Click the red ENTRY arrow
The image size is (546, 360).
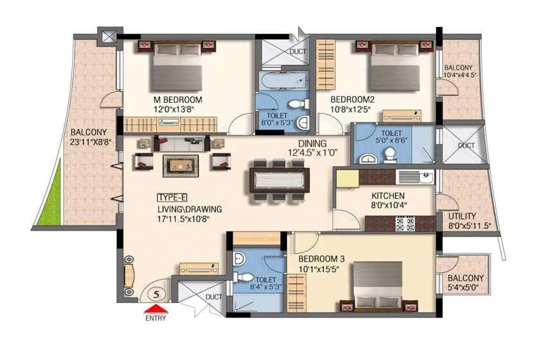tap(154, 311)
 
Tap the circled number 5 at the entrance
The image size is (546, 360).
tap(154, 294)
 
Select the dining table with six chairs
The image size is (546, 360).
tap(279, 179)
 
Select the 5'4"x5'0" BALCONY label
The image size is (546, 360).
tap(467, 283)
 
